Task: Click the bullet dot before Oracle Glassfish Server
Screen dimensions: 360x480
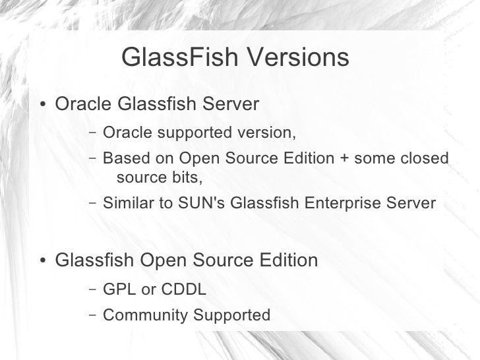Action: (x=43, y=106)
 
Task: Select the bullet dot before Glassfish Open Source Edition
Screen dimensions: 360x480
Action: (x=43, y=262)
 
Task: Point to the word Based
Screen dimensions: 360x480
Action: (x=123, y=159)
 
